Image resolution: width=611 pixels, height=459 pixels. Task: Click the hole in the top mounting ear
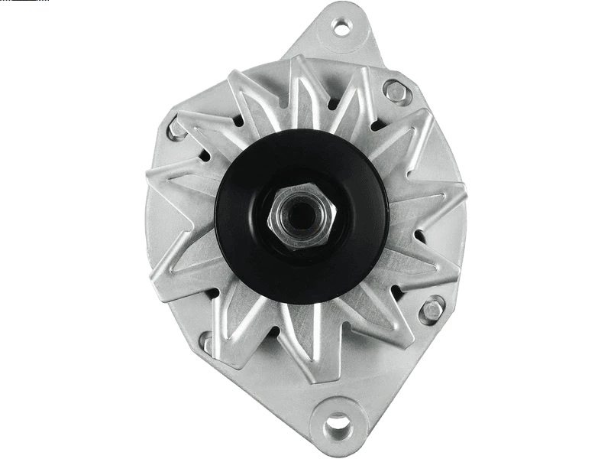[340, 29]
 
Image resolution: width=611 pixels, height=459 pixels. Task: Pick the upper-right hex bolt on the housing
[395, 91]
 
